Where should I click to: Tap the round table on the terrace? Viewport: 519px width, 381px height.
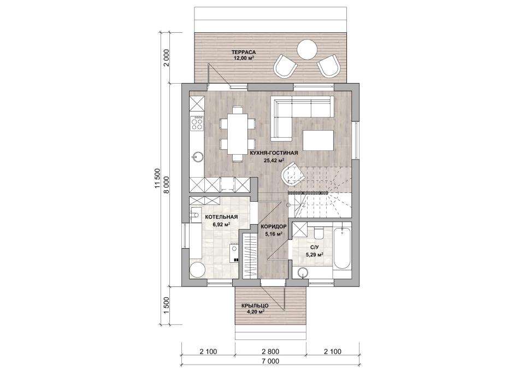(x=308, y=49)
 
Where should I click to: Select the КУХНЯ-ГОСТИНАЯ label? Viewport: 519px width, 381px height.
(x=274, y=153)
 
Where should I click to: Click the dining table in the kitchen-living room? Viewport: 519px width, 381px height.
(x=238, y=133)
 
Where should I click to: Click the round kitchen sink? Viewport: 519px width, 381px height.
(x=197, y=157)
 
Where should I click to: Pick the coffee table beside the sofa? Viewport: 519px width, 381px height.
(x=318, y=140)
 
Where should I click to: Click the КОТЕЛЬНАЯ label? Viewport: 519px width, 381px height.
(x=221, y=217)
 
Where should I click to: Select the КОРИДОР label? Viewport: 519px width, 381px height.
(x=273, y=227)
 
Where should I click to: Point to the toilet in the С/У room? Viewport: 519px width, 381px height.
(x=319, y=232)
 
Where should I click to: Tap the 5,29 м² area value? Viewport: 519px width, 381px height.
(x=315, y=254)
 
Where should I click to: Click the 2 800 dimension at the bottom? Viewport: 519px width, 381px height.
(x=270, y=351)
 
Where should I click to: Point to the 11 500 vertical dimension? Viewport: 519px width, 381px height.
(x=157, y=179)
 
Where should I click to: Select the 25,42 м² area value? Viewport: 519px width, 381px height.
(x=274, y=161)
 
